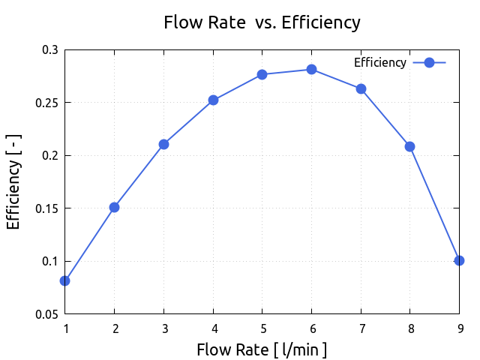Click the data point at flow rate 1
pos(65,280)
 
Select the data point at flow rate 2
pos(114,207)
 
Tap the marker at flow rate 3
pos(163,144)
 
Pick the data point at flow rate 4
pos(213,100)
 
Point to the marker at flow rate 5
pos(262,74)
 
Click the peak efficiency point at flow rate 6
pos(311,70)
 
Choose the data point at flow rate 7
pos(361,88)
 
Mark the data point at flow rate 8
pos(409,146)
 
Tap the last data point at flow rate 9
pos(459,260)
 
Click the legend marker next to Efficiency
pos(430,63)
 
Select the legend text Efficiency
pos(380,63)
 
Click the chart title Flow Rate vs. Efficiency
pos(262,22)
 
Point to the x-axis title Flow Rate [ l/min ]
pos(262,349)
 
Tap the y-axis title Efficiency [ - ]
pos(13,181)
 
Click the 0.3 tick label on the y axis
pos(49,49)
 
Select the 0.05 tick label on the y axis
pos(46,314)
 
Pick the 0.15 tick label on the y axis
pos(46,208)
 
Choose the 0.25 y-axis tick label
pos(46,103)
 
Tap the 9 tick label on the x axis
pos(459,328)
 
